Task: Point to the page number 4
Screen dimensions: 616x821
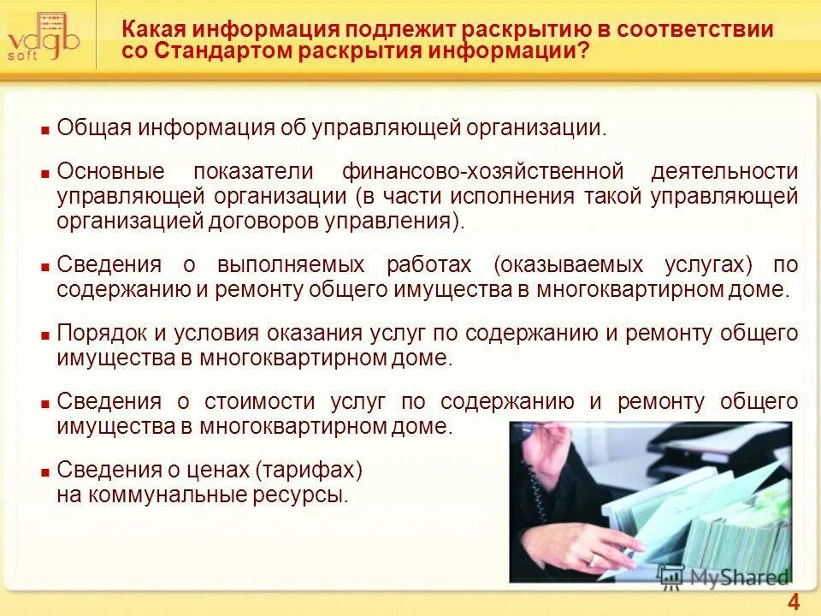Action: [793, 601]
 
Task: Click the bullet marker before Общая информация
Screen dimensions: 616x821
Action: [44, 131]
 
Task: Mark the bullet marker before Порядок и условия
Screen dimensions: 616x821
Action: [44, 335]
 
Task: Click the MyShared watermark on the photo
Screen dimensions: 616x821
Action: [723, 577]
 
